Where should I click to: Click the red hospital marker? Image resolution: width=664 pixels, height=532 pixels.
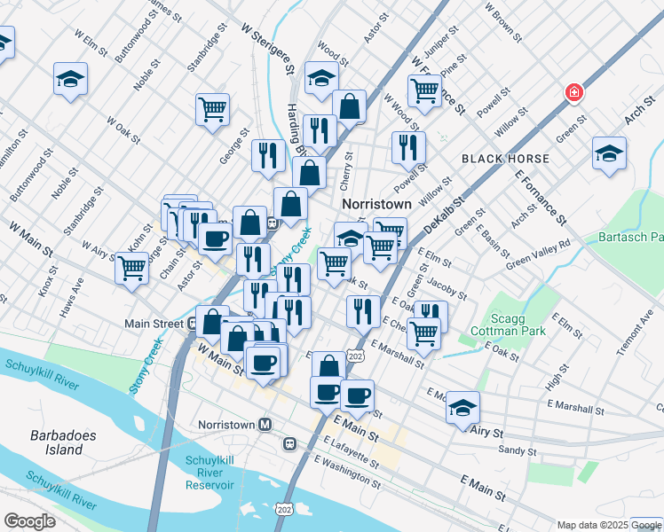coord(574,91)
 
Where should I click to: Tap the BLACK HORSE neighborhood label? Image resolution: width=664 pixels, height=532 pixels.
coord(505,159)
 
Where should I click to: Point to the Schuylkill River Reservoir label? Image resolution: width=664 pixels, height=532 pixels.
coord(209,473)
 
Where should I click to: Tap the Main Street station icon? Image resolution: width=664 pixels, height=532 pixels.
coord(193,323)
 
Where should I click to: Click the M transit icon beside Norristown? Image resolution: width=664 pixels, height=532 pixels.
coord(265,424)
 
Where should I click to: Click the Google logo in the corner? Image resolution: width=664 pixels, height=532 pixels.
coord(29,520)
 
